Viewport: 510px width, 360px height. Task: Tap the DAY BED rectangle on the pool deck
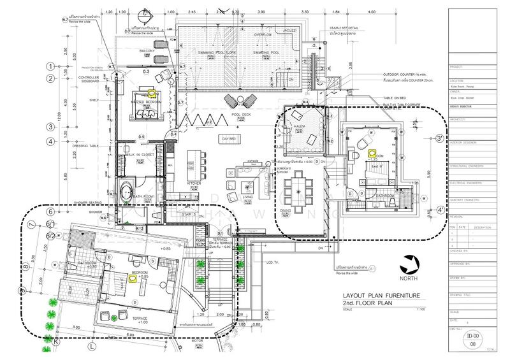click(x=229, y=138)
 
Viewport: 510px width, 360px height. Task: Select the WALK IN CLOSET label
click(x=140, y=155)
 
